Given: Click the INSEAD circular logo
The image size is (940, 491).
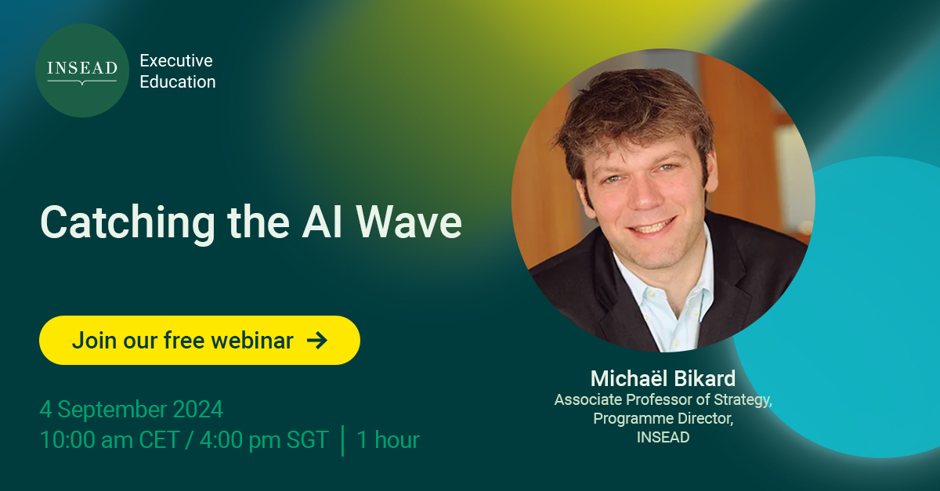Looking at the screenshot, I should pos(81,70).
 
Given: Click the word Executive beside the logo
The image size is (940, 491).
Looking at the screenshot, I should pos(175,60).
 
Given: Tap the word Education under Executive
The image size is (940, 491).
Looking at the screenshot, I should pos(177,81).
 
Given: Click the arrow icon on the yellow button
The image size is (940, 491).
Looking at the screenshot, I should pos(316,340).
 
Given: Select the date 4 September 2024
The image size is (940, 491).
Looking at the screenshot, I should pos(132,410).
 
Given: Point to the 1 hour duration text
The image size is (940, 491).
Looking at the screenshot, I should pos(388,440).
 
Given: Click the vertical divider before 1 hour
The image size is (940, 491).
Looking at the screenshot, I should pos(343,440).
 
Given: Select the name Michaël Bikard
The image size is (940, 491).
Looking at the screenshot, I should pos(663,379).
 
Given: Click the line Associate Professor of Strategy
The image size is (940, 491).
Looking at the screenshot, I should pos(663,399).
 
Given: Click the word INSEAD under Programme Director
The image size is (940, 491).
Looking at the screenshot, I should pos(663,437).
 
